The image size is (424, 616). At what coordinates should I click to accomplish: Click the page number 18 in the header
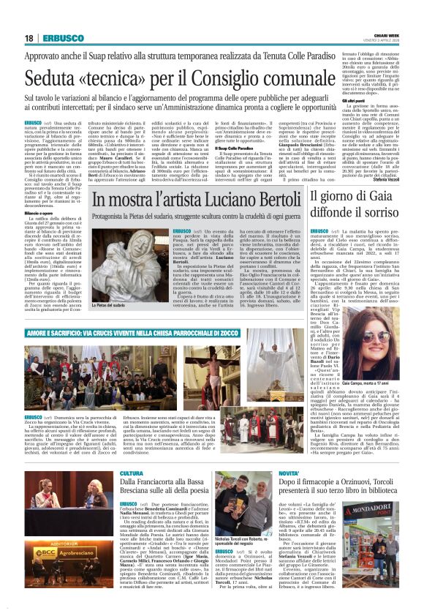pyautogui.click(x=29, y=38)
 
